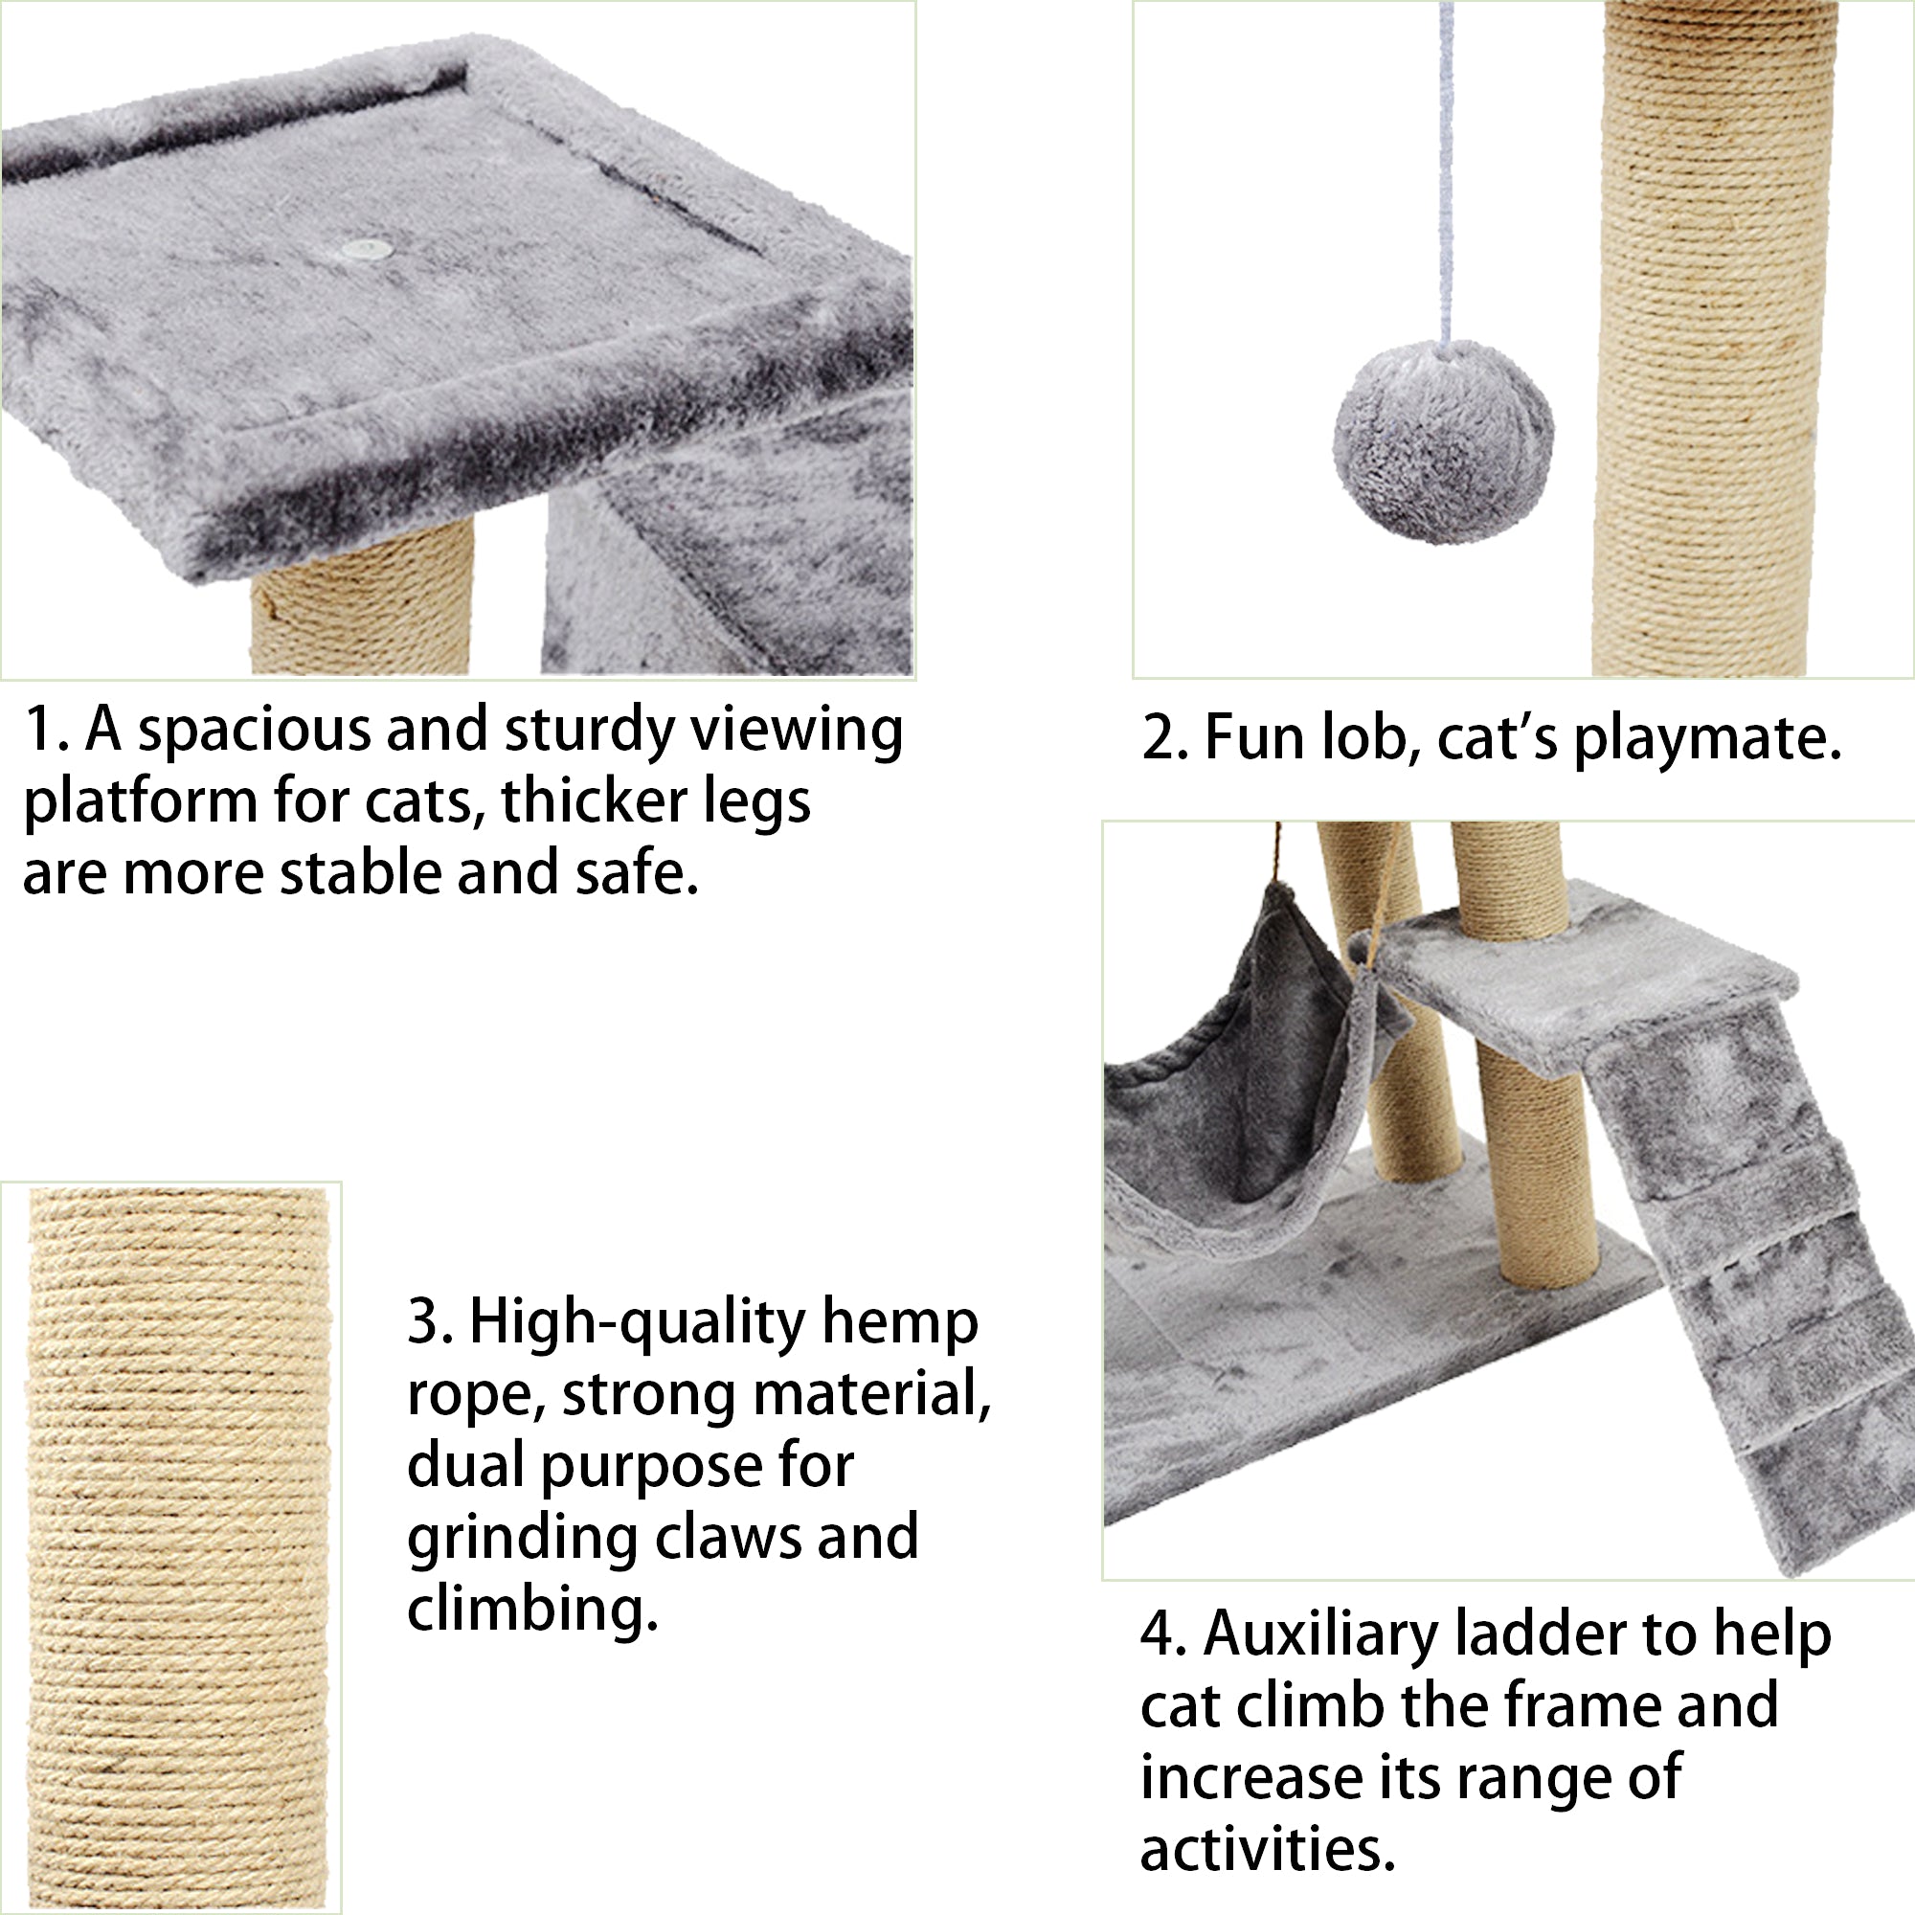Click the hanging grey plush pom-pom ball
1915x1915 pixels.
click(1443, 442)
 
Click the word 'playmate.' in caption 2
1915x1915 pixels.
click(1707, 739)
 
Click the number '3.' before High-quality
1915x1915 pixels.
click(428, 1322)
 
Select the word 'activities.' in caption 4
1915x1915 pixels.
click(1267, 1850)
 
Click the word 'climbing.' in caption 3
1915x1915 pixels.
click(532, 1611)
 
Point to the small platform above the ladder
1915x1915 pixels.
click(1586, 981)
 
